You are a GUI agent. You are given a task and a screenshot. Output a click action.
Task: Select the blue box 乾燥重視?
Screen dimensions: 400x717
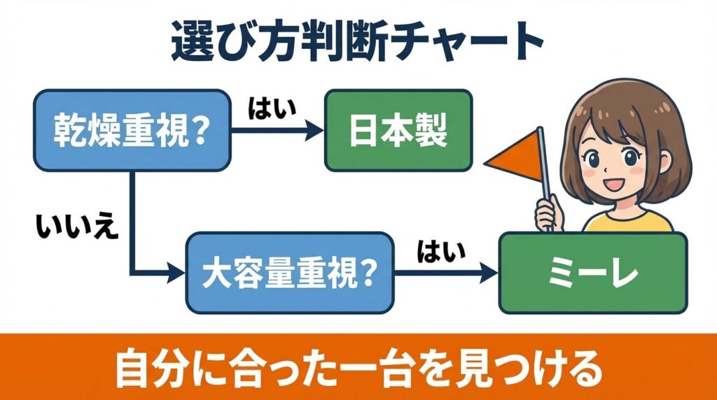coord(132,130)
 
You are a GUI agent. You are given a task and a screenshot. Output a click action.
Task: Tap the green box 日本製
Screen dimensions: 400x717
coord(398,130)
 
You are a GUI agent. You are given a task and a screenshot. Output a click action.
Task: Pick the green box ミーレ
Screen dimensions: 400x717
coord(592,273)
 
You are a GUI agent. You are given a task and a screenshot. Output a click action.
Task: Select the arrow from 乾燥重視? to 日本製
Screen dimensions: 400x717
coord(277,130)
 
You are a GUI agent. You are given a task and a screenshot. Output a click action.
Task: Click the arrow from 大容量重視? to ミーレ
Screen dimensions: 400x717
coord(445,273)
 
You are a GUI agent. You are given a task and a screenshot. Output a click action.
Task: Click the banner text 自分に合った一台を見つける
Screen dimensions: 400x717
coord(357,369)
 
